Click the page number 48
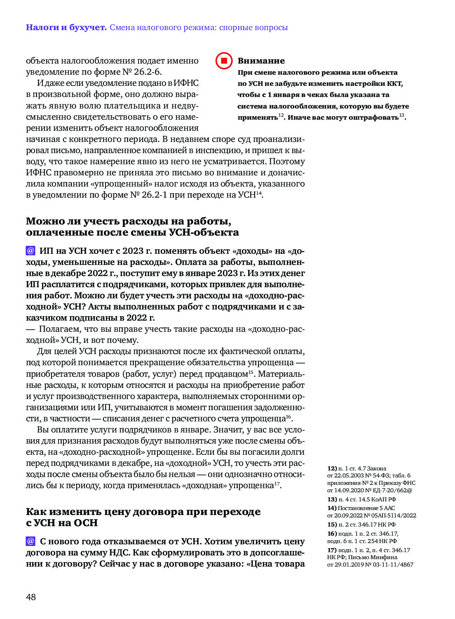(31, 597)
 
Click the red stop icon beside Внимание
(224, 61)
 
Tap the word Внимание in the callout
(261, 61)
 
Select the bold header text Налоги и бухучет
(66, 28)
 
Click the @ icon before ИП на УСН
(30, 250)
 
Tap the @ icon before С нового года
(30, 541)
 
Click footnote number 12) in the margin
(332, 468)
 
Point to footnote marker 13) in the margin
(332, 499)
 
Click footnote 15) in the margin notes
(332, 524)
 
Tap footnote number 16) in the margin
(332, 534)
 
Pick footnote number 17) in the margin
(332, 550)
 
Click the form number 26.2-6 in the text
(147, 72)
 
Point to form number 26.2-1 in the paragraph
(154, 195)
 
